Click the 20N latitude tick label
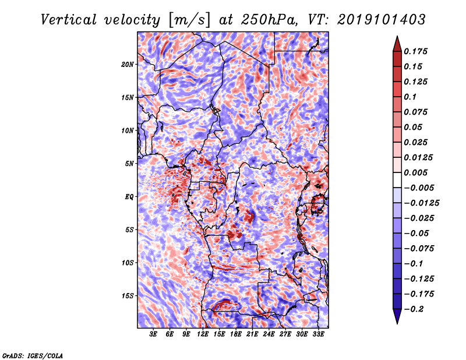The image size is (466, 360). tap(128, 64)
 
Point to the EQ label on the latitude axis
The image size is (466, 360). tap(130, 196)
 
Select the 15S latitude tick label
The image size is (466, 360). tap(128, 295)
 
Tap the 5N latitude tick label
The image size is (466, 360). tap(129, 163)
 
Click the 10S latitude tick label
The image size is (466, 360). tap(128, 263)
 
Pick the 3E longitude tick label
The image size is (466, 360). tap(153, 334)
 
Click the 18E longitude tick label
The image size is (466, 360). tap(236, 334)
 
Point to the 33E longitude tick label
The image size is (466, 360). tap(318, 334)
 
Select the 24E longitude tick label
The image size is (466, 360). tap(269, 334)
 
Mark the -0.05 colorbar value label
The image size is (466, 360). tap(418, 233)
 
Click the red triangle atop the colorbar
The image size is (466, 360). tap(396, 43)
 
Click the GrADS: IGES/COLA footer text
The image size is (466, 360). tap(33, 355)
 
